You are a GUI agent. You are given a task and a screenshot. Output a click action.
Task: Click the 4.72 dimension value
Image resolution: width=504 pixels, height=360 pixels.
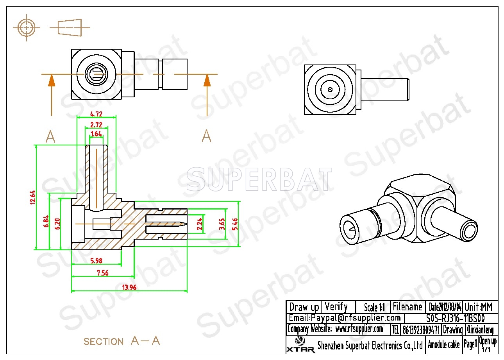tap(96, 114)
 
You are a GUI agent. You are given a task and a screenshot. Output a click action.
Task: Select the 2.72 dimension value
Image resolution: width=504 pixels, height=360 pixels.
tap(96, 125)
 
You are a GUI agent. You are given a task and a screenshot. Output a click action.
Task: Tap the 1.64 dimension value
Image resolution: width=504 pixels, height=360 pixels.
tap(96, 134)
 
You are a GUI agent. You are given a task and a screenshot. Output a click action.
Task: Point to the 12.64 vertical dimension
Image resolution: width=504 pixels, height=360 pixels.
tap(33, 197)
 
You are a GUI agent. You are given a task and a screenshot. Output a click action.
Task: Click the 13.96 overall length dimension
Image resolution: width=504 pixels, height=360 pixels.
tap(129, 287)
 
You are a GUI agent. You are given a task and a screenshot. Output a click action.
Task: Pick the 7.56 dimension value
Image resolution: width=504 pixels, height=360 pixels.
tap(103, 273)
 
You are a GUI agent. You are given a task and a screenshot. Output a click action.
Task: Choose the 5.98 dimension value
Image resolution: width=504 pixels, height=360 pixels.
tap(96, 261)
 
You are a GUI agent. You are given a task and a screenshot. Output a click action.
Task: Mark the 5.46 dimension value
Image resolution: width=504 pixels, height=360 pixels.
tap(235, 224)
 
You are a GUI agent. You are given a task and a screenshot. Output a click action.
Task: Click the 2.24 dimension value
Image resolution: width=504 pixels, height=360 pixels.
tap(199, 224)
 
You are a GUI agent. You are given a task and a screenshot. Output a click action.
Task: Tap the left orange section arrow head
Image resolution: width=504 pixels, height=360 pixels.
tap(52, 81)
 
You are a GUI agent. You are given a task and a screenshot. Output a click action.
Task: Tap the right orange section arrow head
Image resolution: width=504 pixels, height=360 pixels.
tap(207, 81)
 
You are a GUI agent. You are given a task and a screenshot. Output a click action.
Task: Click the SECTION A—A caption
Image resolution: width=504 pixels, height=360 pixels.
tap(122, 341)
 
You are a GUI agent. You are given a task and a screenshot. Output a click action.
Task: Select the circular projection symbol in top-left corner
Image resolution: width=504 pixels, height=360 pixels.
tap(26, 28)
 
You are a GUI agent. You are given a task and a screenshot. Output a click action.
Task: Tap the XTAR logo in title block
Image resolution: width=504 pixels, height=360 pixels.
tap(300, 345)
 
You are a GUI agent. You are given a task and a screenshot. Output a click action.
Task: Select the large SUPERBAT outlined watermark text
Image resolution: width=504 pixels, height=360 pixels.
tap(259, 179)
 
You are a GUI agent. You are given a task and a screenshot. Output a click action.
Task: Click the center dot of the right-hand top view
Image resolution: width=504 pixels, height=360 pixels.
tap(330, 90)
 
